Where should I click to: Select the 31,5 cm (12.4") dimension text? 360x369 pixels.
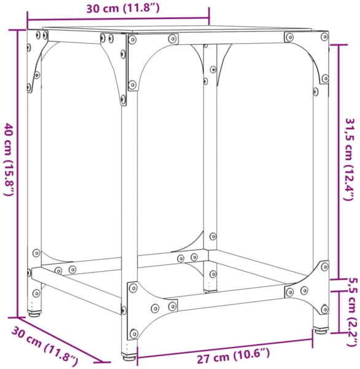pos(349,159)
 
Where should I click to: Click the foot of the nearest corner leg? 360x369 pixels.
pos(129,355)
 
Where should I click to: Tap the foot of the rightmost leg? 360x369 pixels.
pos(320,330)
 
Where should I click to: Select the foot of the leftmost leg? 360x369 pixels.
pos(35,312)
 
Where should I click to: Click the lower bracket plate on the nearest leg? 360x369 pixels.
pos(138,301)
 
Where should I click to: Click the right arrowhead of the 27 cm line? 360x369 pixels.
pos(329,340)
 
